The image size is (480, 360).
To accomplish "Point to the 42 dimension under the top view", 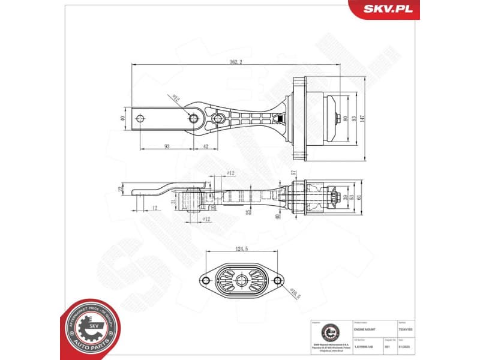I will click(205, 146).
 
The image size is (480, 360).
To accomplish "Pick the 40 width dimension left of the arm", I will click(123, 118).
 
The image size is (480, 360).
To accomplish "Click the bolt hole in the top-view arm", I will click(194, 118).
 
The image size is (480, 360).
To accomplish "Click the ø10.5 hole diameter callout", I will click(295, 293).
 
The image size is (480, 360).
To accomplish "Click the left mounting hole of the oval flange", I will click(204, 280).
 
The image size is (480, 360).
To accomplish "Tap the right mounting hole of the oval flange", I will click(277, 280).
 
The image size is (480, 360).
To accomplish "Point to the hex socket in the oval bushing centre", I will click(241, 280).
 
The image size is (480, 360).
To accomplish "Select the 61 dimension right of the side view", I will click(359, 196).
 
